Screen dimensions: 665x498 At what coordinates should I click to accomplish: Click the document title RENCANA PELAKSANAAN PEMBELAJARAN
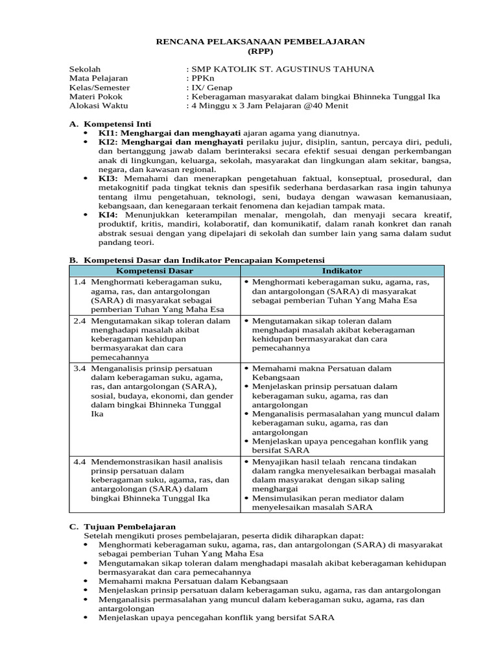pyautogui.click(x=261, y=41)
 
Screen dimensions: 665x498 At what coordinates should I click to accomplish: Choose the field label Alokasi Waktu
pyautogui.click(x=99, y=105)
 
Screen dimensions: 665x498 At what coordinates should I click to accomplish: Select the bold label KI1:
pyautogui.click(x=108, y=132)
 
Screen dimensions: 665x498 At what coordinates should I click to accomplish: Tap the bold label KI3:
pyautogui.click(x=108, y=177)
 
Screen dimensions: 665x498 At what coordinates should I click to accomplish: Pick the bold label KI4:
pyautogui.click(x=108, y=214)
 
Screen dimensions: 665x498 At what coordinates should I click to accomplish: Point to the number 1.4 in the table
pyautogui.click(x=80, y=282)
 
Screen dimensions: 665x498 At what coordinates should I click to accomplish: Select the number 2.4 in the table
pyautogui.click(x=80, y=321)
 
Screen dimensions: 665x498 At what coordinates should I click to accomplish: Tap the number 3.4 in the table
pyautogui.click(x=80, y=368)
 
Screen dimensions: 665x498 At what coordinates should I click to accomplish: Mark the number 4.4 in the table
pyautogui.click(x=80, y=462)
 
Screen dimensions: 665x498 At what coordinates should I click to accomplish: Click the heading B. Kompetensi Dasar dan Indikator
pyautogui.click(x=196, y=260)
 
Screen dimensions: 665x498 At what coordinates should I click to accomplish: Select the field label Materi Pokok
pyautogui.click(x=95, y=96)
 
